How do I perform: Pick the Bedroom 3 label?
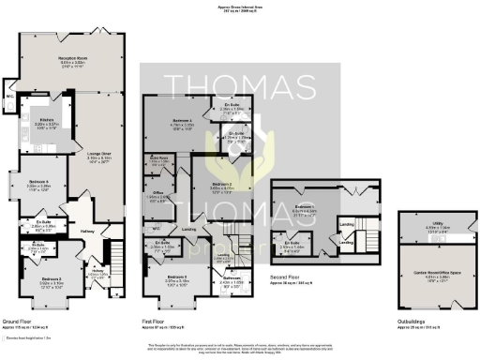(178, 277)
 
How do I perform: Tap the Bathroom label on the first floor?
(231, 277)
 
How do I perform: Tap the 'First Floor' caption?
(156, 320)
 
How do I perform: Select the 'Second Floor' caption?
(285, 278)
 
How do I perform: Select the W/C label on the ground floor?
(8, 96)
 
